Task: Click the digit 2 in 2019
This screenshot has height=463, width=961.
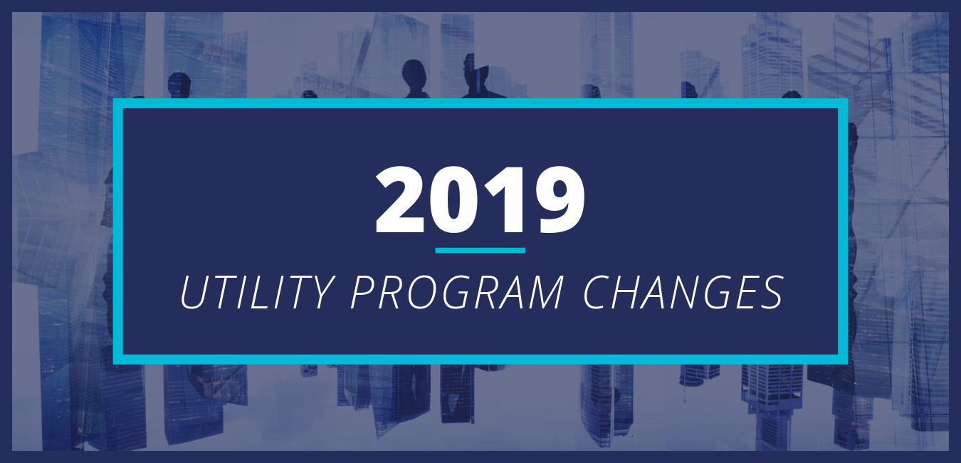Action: click(x=401, y=201)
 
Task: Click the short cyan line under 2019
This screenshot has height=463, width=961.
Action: click(x=480, y=251)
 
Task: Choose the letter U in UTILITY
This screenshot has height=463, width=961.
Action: click(x=192, y=292)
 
